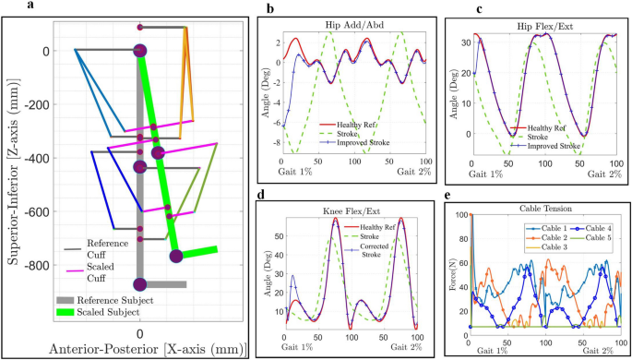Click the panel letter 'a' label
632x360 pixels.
pos(8,7)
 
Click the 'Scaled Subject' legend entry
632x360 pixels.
pos(111,313)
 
